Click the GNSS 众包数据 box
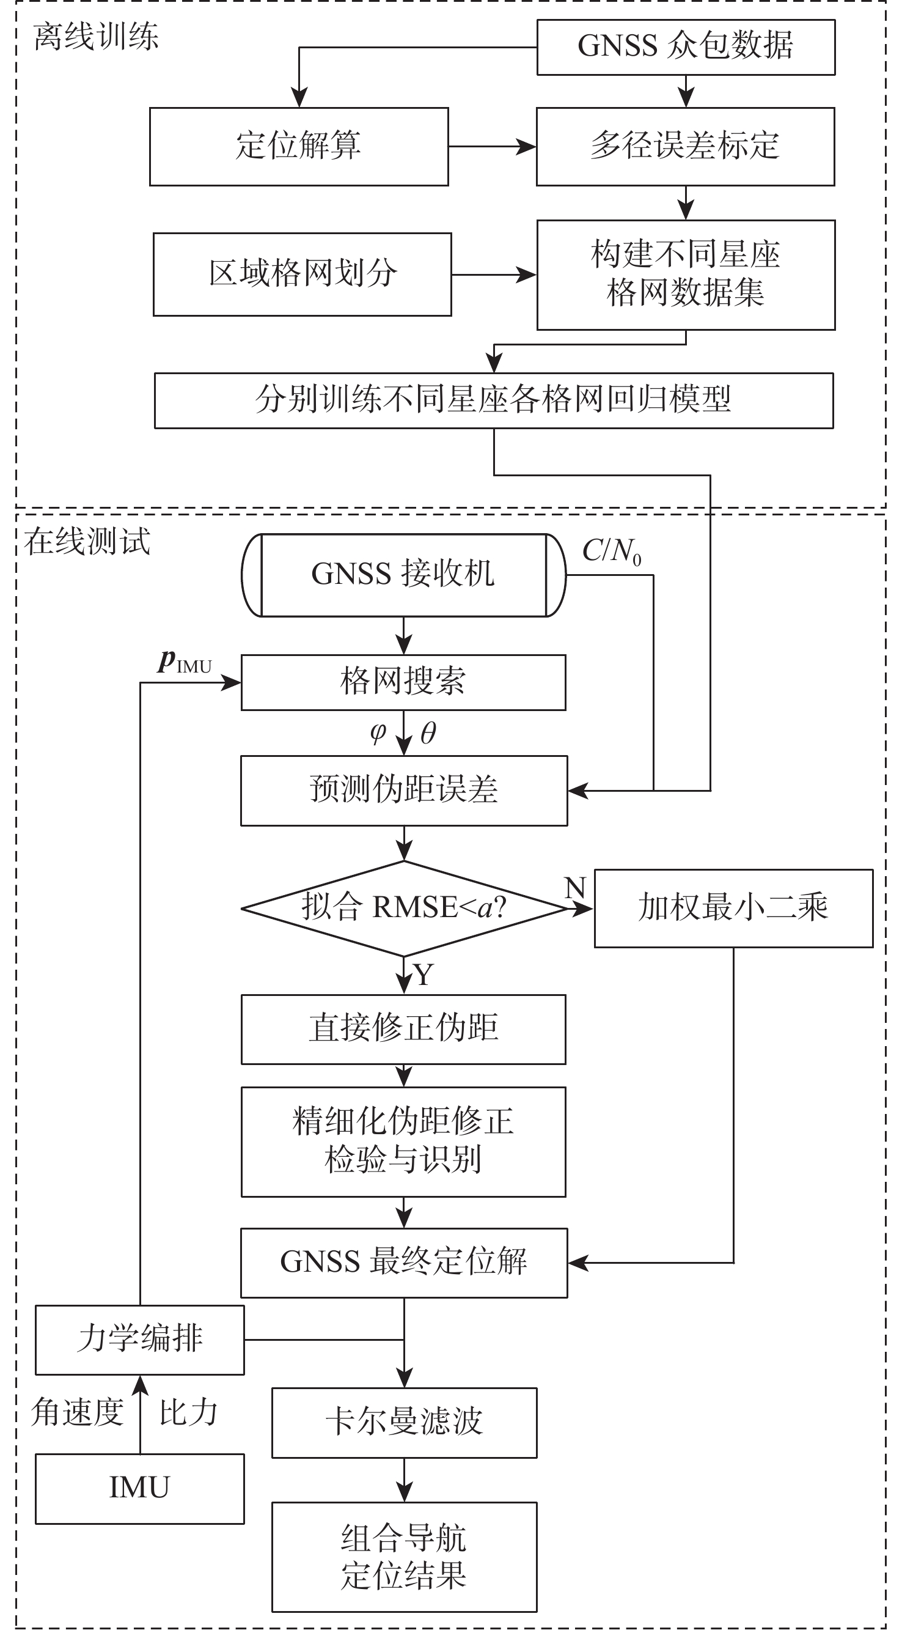(686, 47)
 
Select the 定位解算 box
(299, 146)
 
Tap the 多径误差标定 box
(685, 146)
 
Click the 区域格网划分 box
(302, 274)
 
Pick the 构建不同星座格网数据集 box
(686, 275)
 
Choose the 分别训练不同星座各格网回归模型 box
(493, 400)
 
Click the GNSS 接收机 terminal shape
(403, 575)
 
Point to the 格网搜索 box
(403, 682)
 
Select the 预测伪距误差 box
(403, 791)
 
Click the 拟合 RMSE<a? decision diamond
(403, 908)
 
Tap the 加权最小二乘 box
(733, 908)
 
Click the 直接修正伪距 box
(403, 1029)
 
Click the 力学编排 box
(139, 1340)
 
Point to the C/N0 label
(611, 551)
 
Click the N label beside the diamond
(574, 888)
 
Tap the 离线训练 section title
(95, 37)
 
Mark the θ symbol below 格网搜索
(428, 732)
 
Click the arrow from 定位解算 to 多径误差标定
(492, 147)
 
